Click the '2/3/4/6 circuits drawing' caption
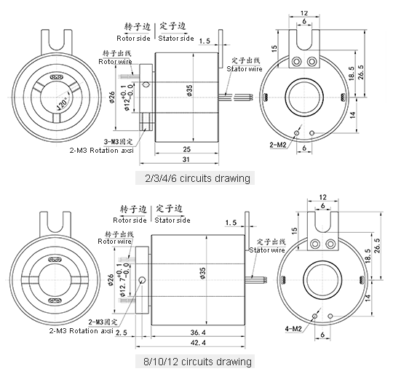(x=198, y=178)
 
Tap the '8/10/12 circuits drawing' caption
(x=198, y=361)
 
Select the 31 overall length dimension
(x=187, y=160)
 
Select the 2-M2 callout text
(x=278, y=146)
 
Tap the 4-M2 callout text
(x=295, y=328)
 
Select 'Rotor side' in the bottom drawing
(x=131, y=220)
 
